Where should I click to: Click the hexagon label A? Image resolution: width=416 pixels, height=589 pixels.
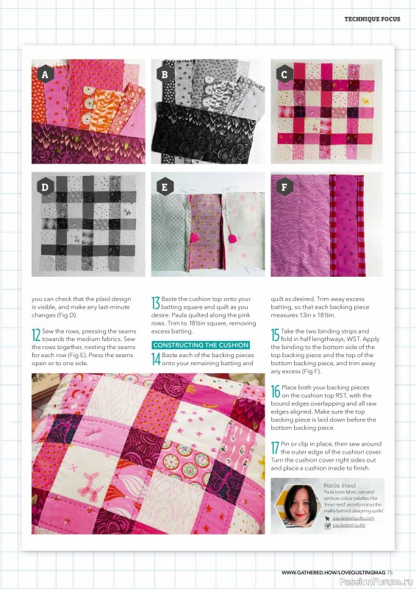(45, 74)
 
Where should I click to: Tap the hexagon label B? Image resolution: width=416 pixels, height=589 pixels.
(165, 74)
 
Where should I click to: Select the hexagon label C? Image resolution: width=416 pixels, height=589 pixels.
(284, 74)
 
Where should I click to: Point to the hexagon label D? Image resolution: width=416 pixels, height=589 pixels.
(45, 187)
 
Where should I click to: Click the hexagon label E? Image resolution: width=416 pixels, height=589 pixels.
(165, 187)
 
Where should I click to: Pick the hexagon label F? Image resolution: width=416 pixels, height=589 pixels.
(284, 187)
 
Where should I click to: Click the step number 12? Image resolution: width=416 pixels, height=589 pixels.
(36, 334)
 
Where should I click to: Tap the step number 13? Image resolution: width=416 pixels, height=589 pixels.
(155, 303)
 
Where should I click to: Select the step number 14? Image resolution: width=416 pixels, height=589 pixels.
(155, 359)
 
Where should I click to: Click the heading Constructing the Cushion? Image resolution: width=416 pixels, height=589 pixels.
(200, 345)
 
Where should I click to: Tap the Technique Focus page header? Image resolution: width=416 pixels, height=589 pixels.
(372, 19)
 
